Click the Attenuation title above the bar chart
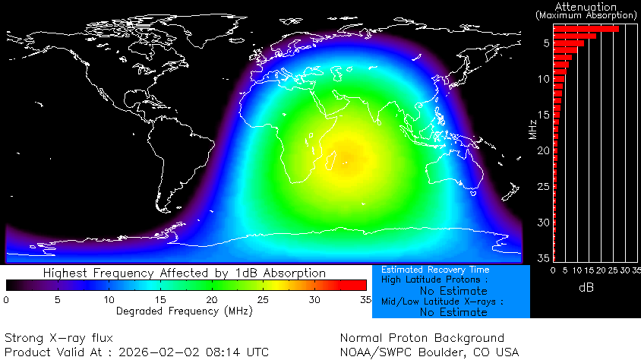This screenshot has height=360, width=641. (585, 6)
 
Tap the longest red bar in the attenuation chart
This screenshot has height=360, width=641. (586, 29)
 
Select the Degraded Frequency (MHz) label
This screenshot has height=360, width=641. (185, 311)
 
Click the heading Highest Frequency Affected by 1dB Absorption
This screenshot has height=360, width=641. (185, 273)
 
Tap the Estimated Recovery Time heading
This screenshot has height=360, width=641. (435, 270)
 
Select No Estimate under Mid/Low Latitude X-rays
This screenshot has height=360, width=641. (453, 312)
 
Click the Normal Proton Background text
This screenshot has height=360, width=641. (422, 338)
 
